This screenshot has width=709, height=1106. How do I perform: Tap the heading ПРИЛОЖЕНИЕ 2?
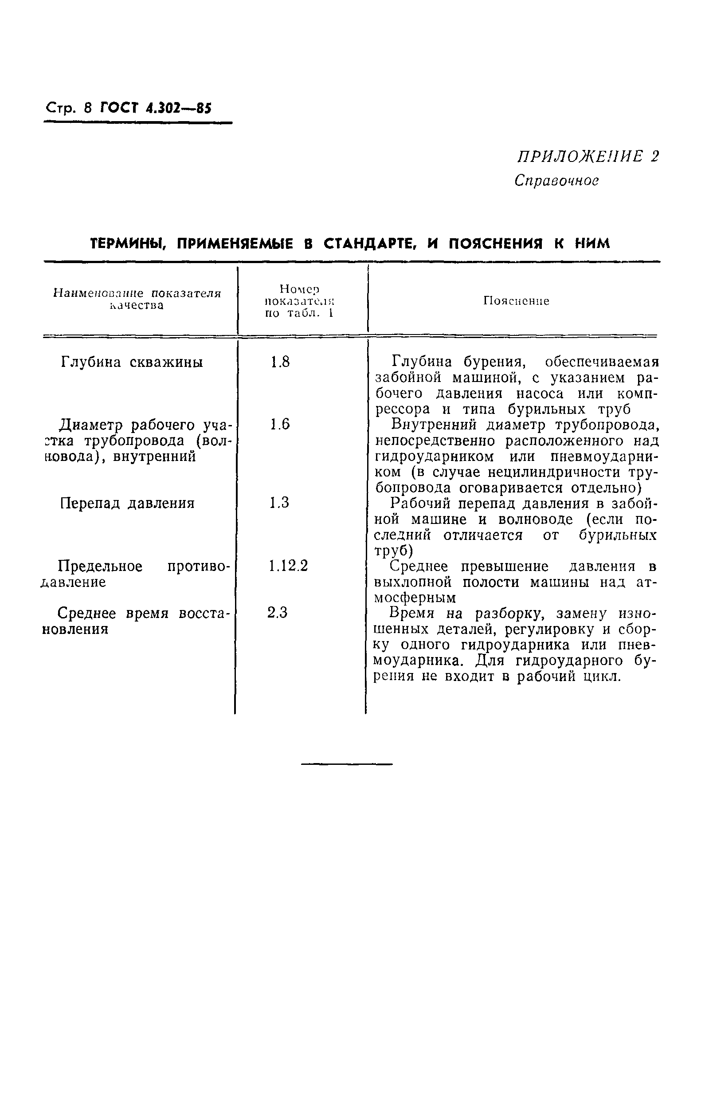(x=588, y=157)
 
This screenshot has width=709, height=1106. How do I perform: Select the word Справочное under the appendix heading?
(x=556, y=180)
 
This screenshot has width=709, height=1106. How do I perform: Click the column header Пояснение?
(x=516, y=301)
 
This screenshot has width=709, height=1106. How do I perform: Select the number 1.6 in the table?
(x=280, y=424)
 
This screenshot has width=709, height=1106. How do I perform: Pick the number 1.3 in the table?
(x=279, y=503)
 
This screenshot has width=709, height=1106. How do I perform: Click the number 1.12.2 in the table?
(x=288, y=566)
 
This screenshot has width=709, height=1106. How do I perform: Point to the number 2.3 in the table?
(x=278, y=613)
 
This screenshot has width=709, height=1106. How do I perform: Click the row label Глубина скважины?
(x=132, y=362)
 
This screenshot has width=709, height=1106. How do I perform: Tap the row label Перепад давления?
(x=128, y=503)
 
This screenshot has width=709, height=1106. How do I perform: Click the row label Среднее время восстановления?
(x=136, y=621)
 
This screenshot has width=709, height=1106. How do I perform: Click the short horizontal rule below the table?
(x=347, y=764)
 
